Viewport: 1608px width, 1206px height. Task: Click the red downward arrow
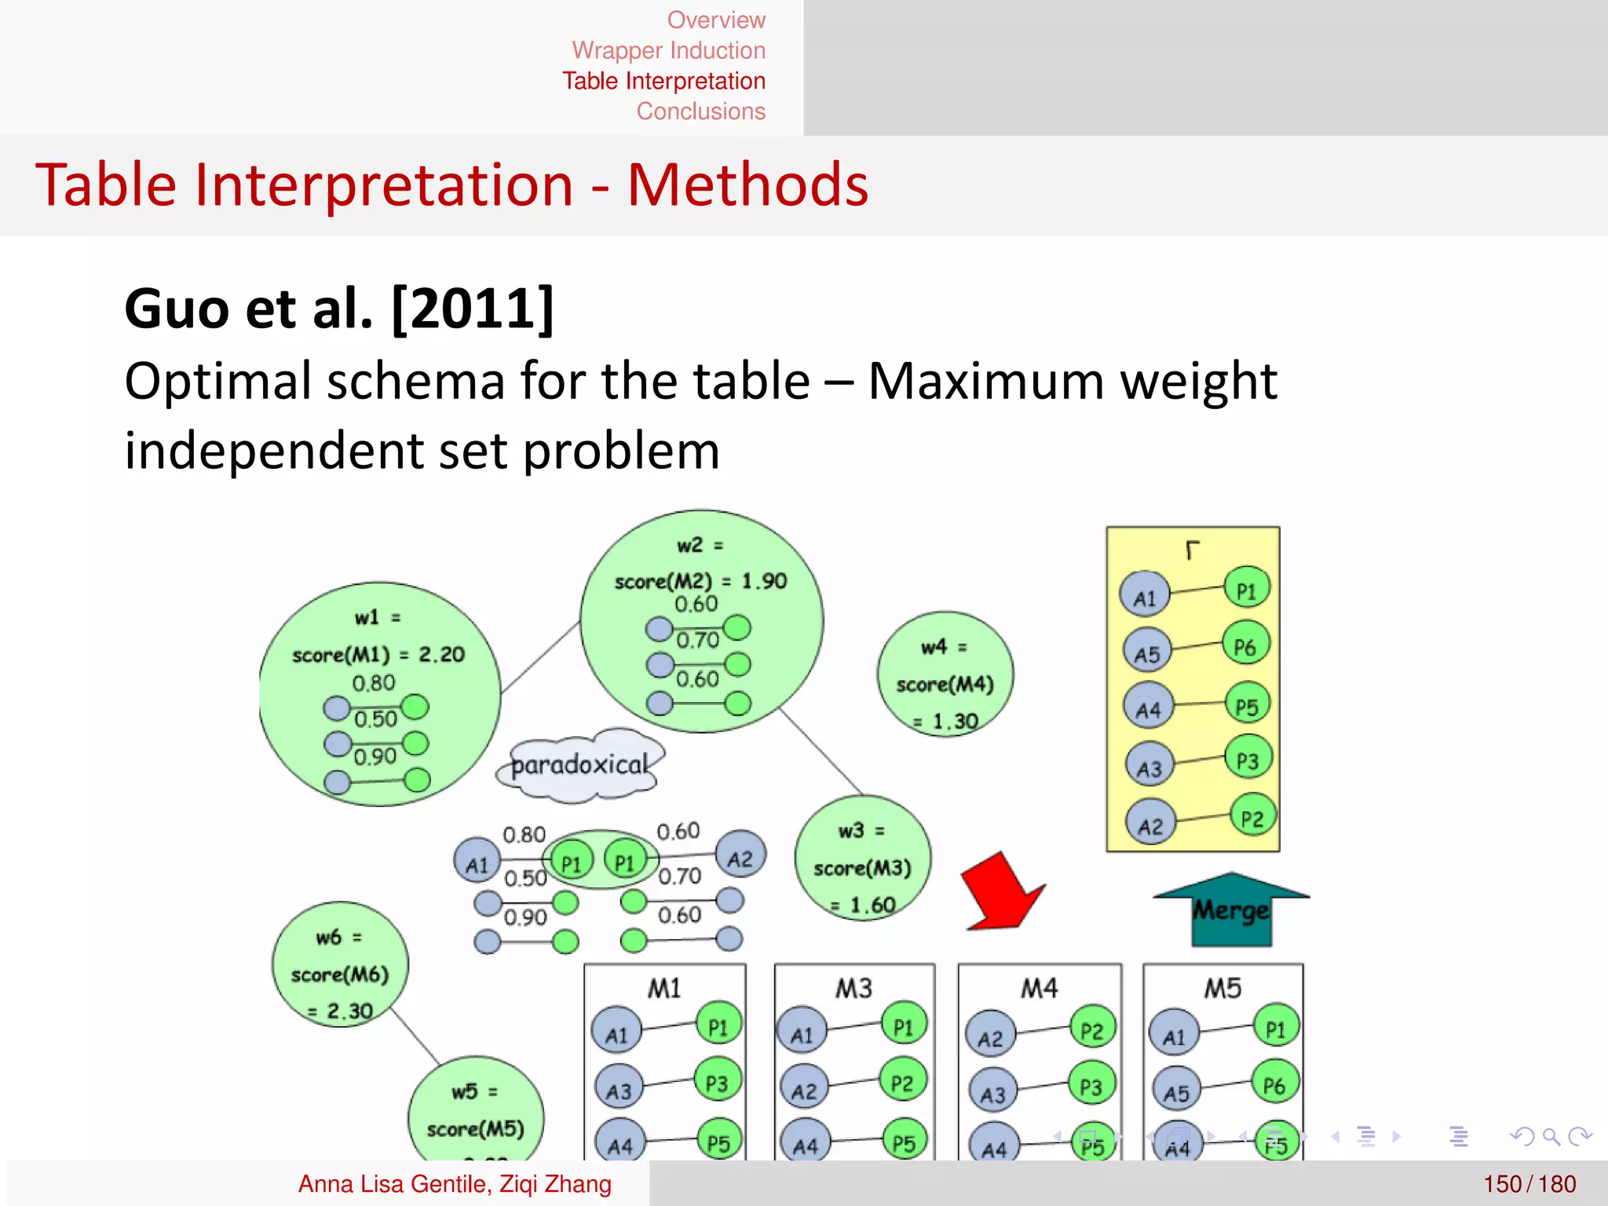coord(1002,894)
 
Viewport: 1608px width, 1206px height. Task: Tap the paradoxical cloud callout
coord(580,765)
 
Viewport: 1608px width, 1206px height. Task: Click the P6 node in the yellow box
coord(1245,646)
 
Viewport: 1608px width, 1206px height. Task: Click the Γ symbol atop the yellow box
coord(1192,550)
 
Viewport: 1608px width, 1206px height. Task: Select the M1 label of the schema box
coord(664,988)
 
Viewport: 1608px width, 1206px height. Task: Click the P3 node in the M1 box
coord(717,1083)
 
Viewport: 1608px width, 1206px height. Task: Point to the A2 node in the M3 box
coord(803,1090)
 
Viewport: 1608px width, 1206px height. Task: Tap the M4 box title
coord(1039,988)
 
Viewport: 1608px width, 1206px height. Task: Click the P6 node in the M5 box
coord(1274,1084)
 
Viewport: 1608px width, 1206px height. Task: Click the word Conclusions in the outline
coord(700,111)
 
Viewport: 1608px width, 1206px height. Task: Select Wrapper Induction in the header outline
coord(668,50)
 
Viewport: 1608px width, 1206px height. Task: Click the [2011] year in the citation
coord(472,309)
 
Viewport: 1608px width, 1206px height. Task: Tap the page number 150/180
coord(1529,1183)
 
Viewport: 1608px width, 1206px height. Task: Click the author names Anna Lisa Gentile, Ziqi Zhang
coord(455,1183)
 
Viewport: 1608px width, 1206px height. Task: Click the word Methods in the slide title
coord(747,185)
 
